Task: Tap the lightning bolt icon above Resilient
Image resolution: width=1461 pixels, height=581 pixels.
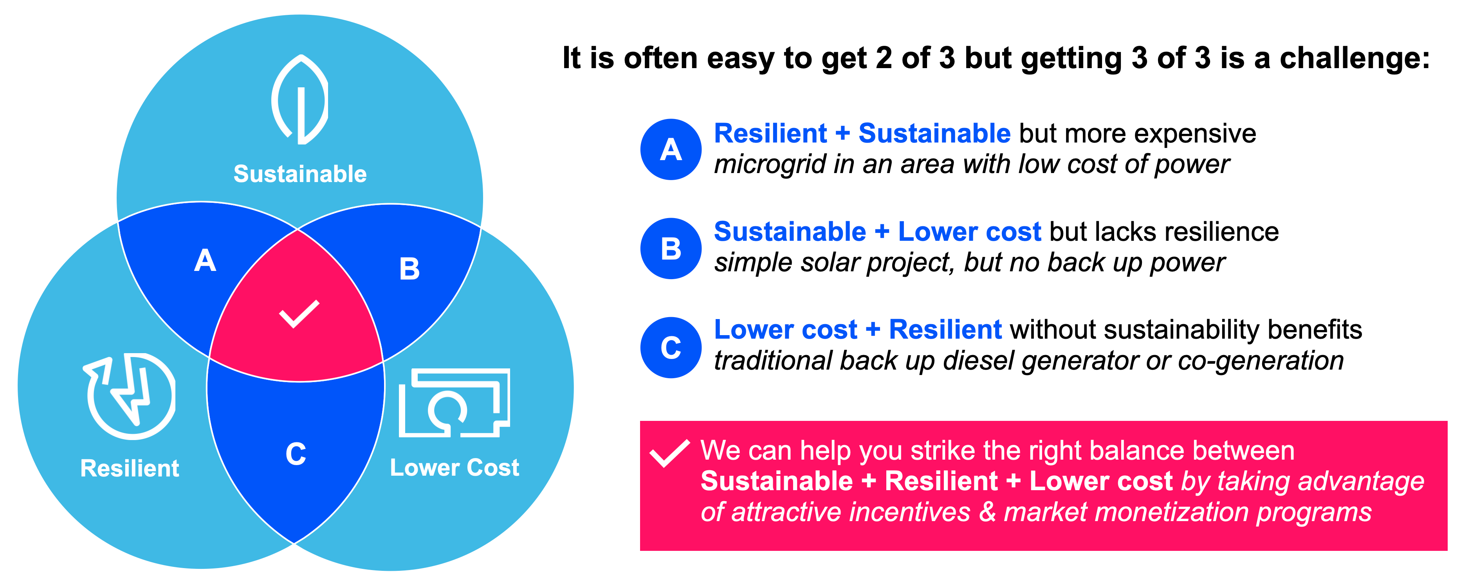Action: pos(130,397)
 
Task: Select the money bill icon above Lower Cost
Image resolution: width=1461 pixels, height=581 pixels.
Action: pos(454,403)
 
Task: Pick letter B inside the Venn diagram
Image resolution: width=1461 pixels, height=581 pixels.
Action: pos(409,269)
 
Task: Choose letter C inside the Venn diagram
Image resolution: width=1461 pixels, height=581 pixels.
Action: pos(296,454)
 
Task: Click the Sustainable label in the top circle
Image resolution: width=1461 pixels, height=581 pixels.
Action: pos(300,173)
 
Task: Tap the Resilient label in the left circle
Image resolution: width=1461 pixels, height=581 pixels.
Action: pos(130,469)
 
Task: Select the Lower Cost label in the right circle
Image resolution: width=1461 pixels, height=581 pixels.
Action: pos(454,467)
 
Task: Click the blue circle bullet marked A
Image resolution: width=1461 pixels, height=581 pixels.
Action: pos(671,149)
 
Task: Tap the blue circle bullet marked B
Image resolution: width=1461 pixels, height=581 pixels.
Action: pos(671,249)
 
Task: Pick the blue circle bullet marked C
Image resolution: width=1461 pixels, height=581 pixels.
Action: pos(671,347)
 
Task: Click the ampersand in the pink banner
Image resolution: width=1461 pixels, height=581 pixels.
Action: pos(987,512)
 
